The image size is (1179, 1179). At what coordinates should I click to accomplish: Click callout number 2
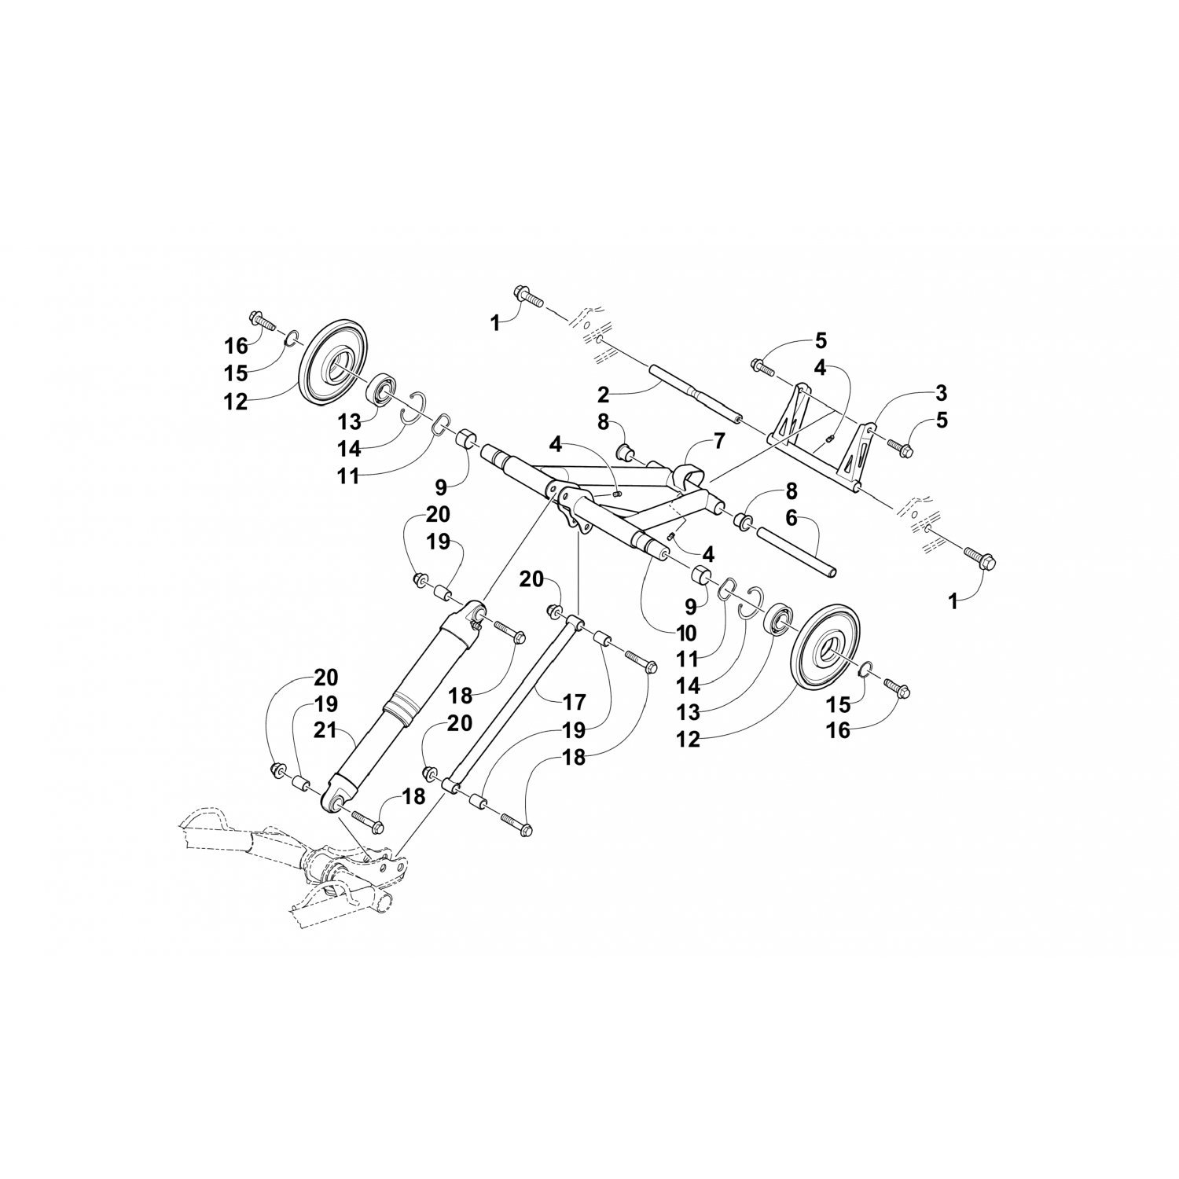604,392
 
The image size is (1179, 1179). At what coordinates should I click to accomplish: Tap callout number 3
941,392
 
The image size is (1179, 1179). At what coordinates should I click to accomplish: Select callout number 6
792,518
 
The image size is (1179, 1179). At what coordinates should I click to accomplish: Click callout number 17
575,700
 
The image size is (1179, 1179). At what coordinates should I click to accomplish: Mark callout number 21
325,730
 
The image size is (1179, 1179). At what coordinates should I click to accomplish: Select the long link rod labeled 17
511,703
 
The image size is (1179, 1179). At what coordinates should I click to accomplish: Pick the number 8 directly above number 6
792,492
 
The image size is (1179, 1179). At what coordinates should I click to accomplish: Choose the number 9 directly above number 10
691,606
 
